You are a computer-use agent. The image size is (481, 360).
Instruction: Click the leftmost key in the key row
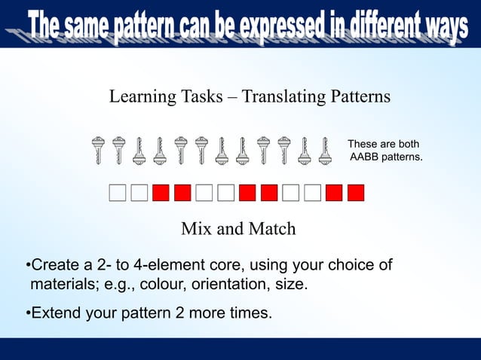click(x=98, y=151)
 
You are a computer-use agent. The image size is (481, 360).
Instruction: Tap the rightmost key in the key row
click(x=325, y=151)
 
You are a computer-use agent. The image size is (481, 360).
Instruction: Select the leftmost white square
click(x=117, y=193)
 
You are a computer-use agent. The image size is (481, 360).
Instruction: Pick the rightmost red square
click(x=356, y=193)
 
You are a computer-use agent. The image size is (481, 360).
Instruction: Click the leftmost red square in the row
click(x=160, y=193)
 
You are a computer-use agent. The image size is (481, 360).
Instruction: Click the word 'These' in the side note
click(x=362, y=144)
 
